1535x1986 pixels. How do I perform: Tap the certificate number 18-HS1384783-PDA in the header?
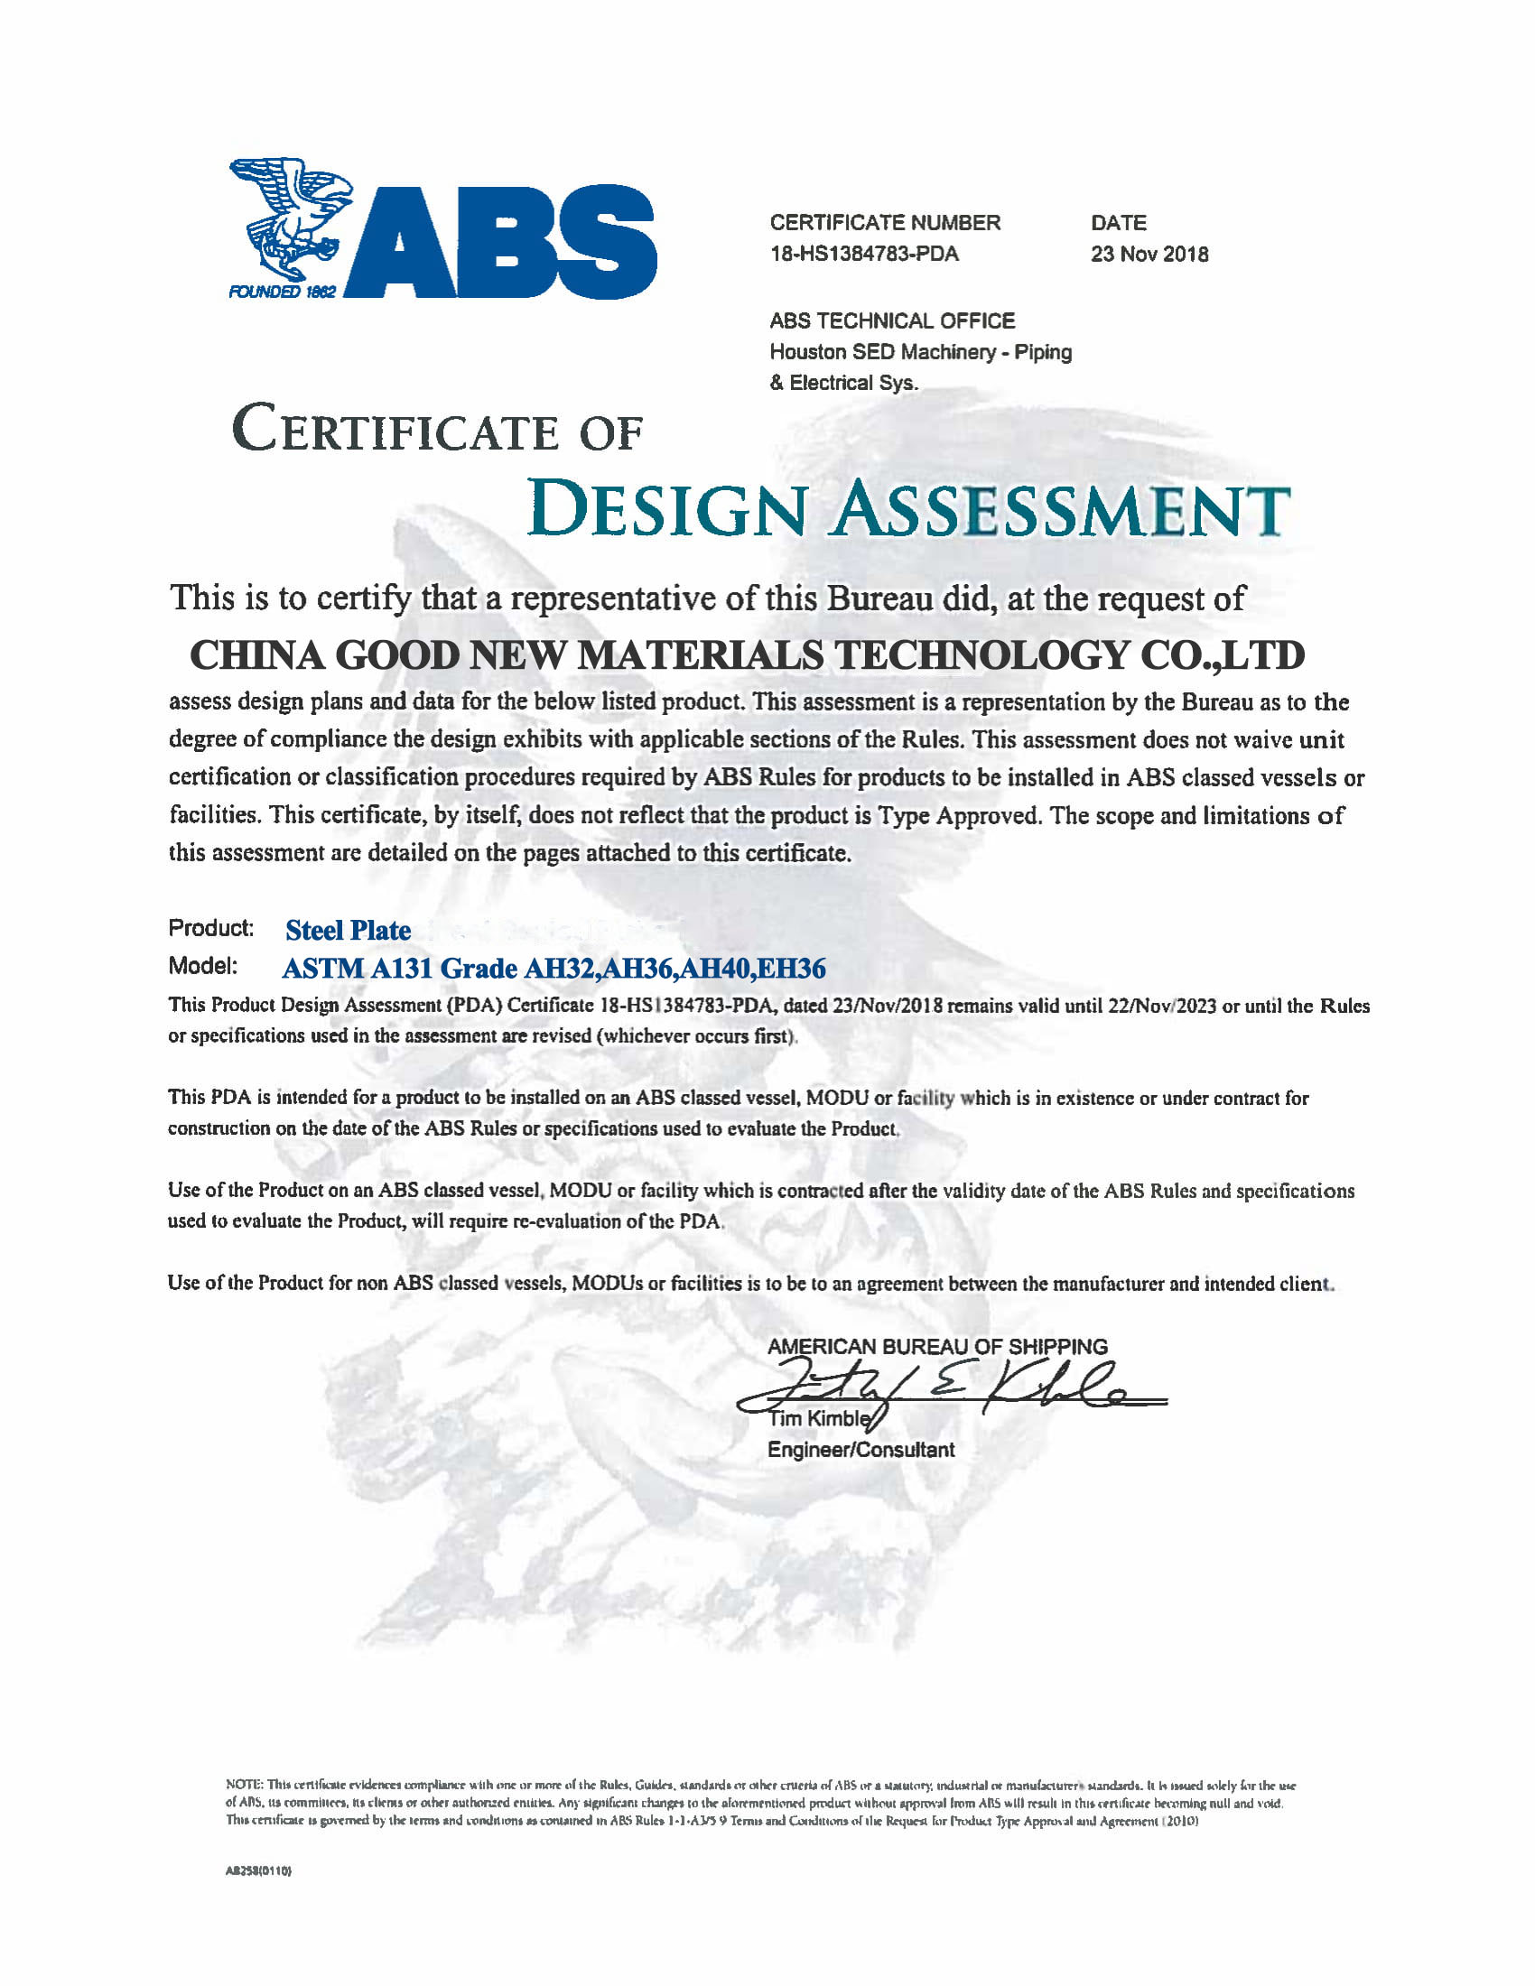pos(864,254)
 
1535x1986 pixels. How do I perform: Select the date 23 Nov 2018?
pos(1149,254)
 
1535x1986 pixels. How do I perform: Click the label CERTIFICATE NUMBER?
pos(885,223)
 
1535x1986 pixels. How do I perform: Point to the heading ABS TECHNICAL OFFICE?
pos(892,321)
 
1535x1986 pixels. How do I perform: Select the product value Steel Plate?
pos(349,930)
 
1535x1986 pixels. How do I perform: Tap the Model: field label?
pos(203,966)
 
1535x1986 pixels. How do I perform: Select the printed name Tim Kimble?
pos(818,1418)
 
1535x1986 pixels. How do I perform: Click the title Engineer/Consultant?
pos(861,1450)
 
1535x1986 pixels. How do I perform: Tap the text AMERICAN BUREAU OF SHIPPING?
pos(937,1347)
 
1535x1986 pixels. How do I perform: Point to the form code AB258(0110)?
pos(258,1871)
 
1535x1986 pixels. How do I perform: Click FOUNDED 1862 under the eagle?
pos(282,292)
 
